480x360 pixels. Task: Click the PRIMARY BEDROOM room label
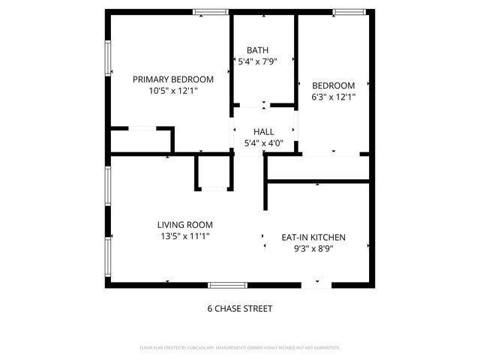pos(173,79)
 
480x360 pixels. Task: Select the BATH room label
pos(257,50)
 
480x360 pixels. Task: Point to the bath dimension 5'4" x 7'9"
pos(257,62)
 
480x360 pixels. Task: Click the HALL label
pos(263,131)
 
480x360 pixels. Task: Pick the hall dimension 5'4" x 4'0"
pos(263,142)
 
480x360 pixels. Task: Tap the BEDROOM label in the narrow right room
pos(333,85)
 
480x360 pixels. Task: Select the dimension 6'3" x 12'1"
pos(333,97)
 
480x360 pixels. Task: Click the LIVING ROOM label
pos(184,224)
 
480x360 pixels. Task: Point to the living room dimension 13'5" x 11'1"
pos(184,236)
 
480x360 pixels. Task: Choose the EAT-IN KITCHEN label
pos(313,237)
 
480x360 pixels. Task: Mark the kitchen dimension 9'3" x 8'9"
pos(313,248)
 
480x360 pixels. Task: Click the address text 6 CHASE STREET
pos(239,308)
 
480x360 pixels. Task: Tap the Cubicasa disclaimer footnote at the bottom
pos(240,348)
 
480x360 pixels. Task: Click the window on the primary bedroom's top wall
pos(210,12)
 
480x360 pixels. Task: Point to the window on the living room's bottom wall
pos(227,285)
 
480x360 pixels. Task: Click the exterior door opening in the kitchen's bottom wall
pos(314,285)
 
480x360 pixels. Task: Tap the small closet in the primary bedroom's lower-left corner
pos(140,141)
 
